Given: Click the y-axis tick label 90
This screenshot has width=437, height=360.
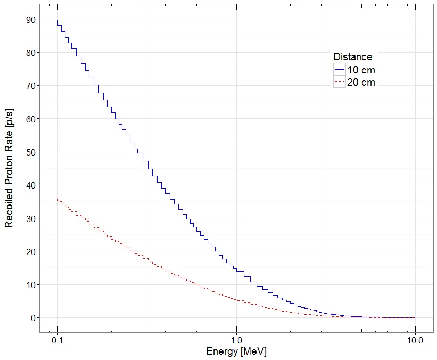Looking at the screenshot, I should (30, 20).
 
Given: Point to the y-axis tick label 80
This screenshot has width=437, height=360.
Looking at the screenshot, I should (30, 53).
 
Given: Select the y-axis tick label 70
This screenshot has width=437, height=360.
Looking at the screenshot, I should (30, 86).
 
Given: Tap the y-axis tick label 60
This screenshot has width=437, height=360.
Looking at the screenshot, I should (30, 119).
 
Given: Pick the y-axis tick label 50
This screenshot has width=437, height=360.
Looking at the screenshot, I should (30, 152).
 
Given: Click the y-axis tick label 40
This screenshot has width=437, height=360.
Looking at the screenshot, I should (30, 185).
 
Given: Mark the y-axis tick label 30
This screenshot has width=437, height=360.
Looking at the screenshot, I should (30, 218).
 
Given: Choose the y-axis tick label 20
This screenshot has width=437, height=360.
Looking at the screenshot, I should (30, 251).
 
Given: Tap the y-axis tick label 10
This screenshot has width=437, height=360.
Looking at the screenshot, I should (30, 285).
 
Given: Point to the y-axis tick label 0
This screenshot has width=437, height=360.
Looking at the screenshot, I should (33, 318).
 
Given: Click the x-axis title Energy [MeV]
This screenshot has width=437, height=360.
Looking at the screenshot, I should (236, 352).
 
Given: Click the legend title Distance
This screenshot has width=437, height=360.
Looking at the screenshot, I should (352, 57).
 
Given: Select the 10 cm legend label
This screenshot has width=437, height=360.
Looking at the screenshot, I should (362, 70).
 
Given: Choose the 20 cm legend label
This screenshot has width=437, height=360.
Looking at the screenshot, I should (362, 82).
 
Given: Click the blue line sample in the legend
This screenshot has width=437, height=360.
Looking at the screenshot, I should (340, 70).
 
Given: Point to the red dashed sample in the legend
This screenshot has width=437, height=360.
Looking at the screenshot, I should (340, 82).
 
